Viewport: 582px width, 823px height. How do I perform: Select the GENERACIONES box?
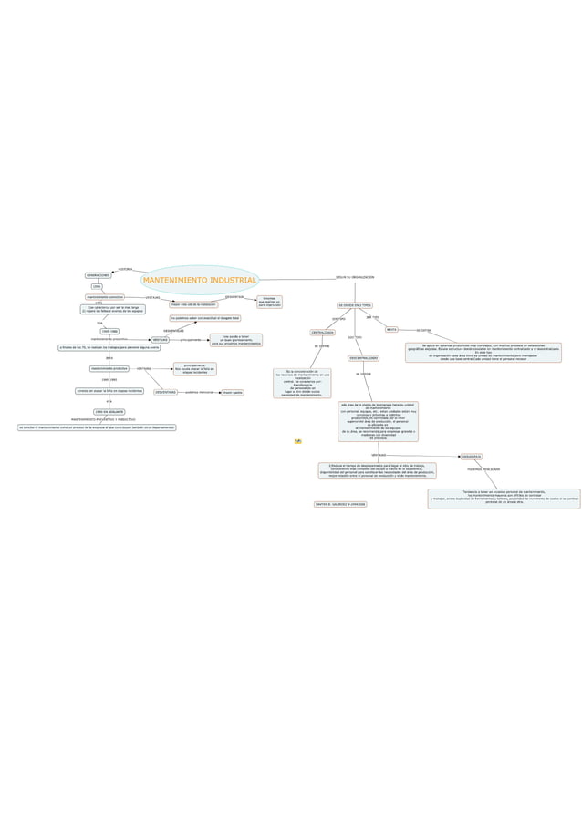point(98,274)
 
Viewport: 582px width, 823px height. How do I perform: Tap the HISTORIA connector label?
point(126,269)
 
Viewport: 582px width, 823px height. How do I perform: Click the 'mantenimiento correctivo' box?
point(105,296)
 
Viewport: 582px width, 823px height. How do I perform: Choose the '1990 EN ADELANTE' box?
point(109,412)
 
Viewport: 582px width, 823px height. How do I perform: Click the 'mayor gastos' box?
point(233,392)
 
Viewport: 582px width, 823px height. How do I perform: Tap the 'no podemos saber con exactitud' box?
point(204,318)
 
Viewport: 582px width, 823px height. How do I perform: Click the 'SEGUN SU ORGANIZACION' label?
point(355,276)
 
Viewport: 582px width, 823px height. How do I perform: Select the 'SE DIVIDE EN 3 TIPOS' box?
point(355,304)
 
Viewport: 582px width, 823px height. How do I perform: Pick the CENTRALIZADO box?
point(322,333)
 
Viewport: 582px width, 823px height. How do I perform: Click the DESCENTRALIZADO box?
point(363,358)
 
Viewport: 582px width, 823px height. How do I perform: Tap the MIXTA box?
point(391,329)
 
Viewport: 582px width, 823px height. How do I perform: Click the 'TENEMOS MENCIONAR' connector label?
point(483,469)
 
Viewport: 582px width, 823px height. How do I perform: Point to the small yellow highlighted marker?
point(297,441)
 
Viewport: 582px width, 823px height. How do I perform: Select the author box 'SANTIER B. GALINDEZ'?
point(339,503)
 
